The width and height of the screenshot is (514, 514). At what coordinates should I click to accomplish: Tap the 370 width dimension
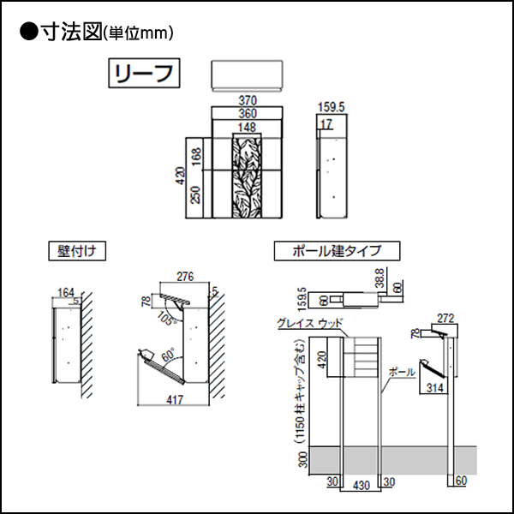click(247, 101)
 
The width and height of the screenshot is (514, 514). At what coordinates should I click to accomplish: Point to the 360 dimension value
click(247, 114)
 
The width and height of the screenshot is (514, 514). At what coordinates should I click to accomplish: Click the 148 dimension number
click(247, 128)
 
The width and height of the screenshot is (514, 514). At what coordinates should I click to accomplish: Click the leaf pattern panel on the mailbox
click(247, 177)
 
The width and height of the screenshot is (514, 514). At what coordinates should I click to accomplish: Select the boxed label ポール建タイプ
click(336, 252)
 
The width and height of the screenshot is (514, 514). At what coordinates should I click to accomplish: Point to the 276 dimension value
click(186, 277)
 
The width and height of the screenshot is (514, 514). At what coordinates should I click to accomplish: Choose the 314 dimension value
click(436, 388)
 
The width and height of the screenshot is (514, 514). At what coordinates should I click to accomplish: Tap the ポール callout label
click(402, 373)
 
